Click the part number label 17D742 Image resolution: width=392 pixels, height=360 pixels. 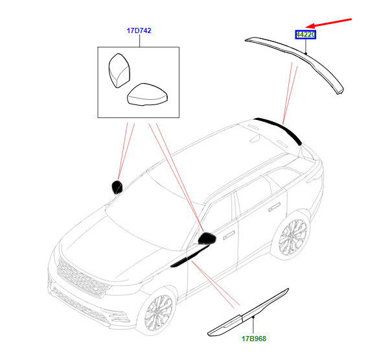139,30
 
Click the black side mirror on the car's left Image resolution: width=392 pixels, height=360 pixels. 117,187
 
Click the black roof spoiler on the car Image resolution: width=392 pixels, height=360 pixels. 279,127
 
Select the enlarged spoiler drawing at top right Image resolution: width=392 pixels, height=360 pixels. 298,58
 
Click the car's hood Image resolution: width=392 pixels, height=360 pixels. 110,237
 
